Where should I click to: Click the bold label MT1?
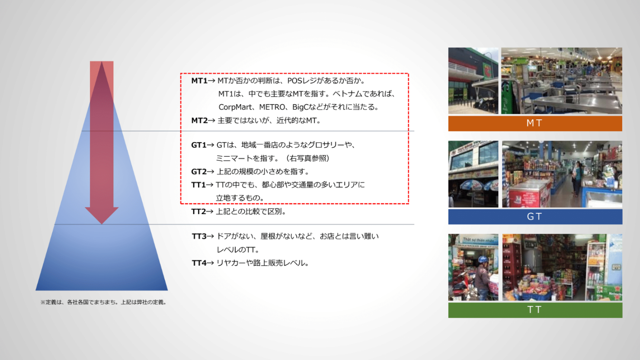pyautogui.click(x=199, y=80)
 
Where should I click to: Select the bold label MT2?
pyautogui.click(x=199, y=120)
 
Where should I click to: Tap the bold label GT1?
pyautogui.click(x=198, y=145)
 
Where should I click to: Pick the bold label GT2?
pyautogui.click(x=199, y=172)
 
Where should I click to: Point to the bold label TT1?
pyautogui.click(x=198, y=185)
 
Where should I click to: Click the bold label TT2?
pyautogui.click(x=198, y=211)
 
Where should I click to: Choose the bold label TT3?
pyautogui.click(x=199, y=236)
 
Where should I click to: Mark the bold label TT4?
pyautogui.click(x=199, y=263)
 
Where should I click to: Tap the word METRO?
pyautogui.click(x=272, y=107)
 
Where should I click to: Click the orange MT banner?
pyautogui.click(x=535, y=123)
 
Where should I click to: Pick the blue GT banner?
pyautogui.click(x=535, y=216)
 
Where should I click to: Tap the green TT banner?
pyautogui.click(x=535, y=310)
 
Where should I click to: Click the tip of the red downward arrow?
pyautogui.click(x=102, y=224)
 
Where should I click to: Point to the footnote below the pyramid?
pyautogui.click(x=104, y=302)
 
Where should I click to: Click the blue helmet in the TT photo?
pyautogui.click(x=483, y=259)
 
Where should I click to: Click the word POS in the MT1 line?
pyautogui.click(x=294, y=80)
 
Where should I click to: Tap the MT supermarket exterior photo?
pyautogui.click(x=473, y=80)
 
